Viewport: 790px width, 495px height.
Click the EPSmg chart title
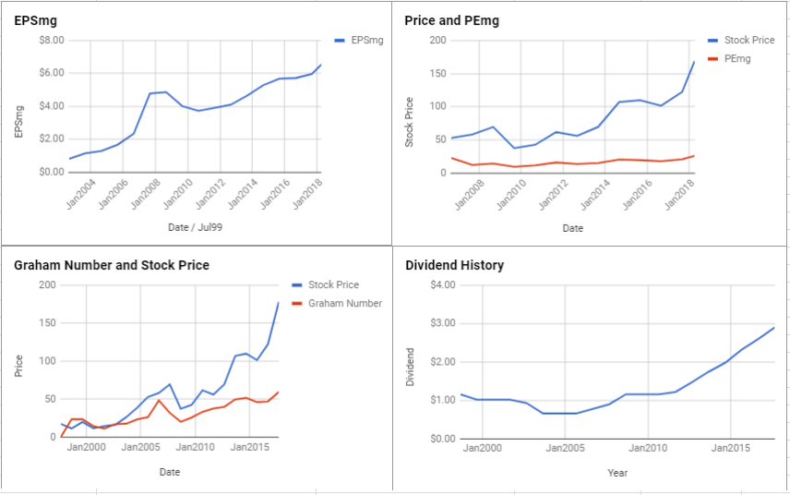pos(35,20)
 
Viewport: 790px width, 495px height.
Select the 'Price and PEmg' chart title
pos(451,20)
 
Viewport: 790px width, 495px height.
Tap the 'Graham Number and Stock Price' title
pos(112,265)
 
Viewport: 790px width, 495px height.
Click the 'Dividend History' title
pos(454,265)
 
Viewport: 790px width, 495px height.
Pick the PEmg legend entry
pos(729,58)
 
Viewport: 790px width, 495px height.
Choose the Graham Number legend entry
pos(337,304)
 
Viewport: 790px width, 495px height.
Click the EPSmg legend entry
pos(359,40)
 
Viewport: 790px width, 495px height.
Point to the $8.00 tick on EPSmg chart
pos(52,40)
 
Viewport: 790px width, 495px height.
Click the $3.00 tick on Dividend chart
pos(442,323)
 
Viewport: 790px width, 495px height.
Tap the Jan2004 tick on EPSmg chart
pos(81,194)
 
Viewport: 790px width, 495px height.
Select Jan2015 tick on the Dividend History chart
pos(731,448)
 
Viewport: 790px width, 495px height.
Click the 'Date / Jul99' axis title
pos(195,227)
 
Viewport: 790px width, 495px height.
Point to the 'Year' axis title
pos(617,473)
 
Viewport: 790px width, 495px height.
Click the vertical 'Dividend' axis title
pos(410,367)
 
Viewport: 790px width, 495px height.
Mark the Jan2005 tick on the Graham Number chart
pos(140,447)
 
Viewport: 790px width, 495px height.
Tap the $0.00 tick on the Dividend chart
pos(442,439)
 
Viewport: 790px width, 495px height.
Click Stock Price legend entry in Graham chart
pos(326,284)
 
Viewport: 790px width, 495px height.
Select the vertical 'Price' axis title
pos(18,366)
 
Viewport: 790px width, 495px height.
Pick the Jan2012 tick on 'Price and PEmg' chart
pos(555,195)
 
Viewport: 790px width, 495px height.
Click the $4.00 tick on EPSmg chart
pos(52,106)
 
